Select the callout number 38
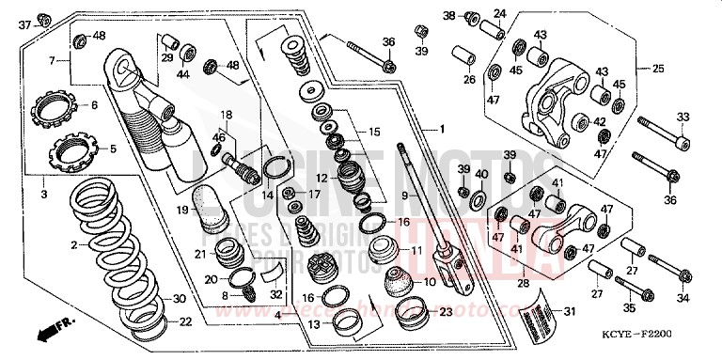click(x=449, y=16)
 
